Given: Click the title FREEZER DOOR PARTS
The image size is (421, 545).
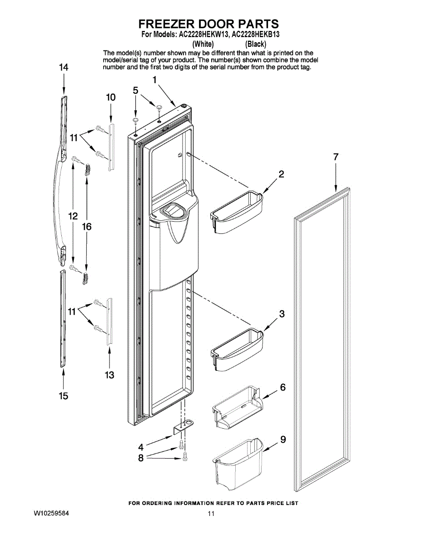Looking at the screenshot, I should tap(208, 24).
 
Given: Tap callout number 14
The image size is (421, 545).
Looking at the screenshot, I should tap(64, 67).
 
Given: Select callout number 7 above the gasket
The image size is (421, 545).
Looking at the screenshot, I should tap(335, 158).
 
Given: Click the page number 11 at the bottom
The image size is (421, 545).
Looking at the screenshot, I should tap(211, 514).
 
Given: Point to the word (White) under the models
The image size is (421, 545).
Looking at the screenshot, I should tap(203, 44).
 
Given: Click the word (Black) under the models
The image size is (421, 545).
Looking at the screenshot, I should tap(255, 44).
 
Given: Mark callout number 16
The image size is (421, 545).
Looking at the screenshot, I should tap(87, 226).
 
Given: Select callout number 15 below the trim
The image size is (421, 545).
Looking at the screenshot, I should tap(63, 396).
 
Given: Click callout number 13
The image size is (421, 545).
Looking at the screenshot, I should tap(109, 375).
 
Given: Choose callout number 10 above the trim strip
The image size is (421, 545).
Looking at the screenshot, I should tap(111, 97).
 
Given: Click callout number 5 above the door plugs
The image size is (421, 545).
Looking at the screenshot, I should tap(136, 90).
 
